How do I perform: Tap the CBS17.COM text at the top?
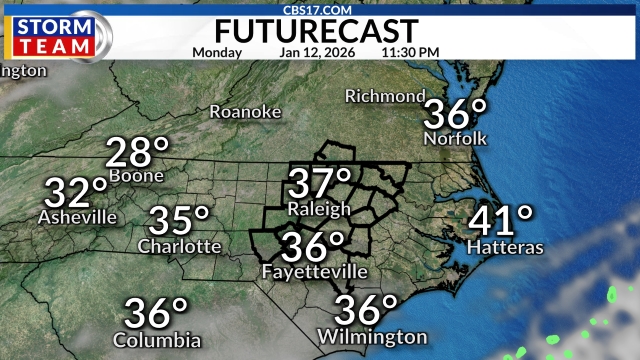319,7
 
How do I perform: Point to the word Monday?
216,51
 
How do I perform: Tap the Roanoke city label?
245,112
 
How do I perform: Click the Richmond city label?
385,96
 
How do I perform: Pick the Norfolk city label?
455,138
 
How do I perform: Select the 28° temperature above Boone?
137,153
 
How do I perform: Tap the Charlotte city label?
180,246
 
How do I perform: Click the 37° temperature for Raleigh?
320,184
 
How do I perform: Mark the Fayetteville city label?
315,272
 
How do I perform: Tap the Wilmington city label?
373,336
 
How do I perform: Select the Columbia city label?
157,340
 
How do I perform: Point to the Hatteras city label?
505,246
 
